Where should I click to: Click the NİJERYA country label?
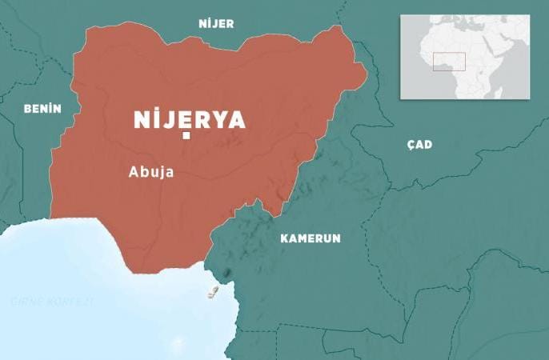pos(189,120)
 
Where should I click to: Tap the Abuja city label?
pos(151,170)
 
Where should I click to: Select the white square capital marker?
pos(186,136)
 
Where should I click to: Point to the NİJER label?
pos(216,24)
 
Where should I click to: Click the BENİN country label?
pos(42,109)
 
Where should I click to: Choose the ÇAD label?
pos(419,145)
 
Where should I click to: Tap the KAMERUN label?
pos(311,238)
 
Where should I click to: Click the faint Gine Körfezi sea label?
pos(53,302)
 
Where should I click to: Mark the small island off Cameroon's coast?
pos(214,292)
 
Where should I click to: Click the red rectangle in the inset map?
pos(450,62)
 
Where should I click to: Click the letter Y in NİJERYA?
pos(211,120)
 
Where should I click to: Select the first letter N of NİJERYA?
pos(141,120)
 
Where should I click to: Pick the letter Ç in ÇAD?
pos(411,145)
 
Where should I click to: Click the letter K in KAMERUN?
pos(284,238)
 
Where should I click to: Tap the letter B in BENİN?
pos(27,109)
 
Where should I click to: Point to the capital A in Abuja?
pos(134,170)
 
